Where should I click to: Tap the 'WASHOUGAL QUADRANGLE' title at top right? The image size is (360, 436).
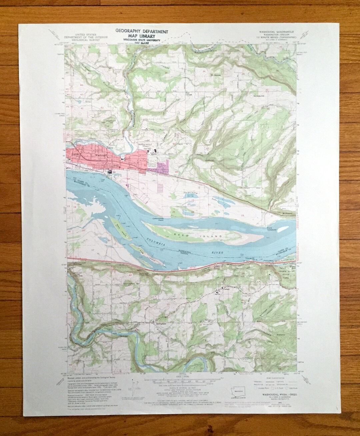pyautogui.click(x=272, y=33)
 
